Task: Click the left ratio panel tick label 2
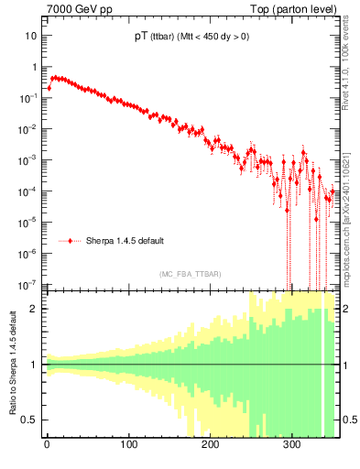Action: [34, 309]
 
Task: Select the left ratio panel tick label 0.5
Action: [30, 420]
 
